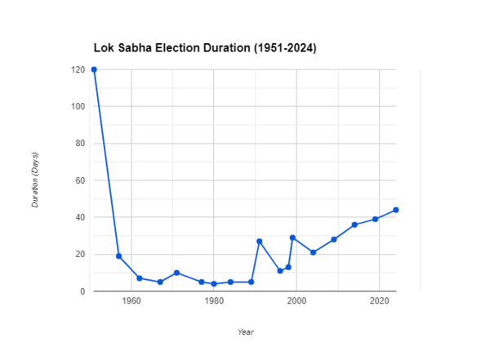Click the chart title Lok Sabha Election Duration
[x=204, y=49]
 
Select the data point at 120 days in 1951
[x=94, y=69]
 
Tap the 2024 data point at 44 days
[x=395, y=210]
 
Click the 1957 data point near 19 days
[x=119, y=256]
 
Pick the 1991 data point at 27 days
[x=259, y=242]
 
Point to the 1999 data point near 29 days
[x=292, y=238]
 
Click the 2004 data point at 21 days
[x=313, y=252]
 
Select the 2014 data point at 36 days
[x=354, y=224]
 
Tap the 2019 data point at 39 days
[x=375, y=219]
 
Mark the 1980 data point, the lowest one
[x=214, y=284]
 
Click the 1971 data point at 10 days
[x=176, y=273]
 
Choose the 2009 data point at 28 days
[x=334, y=239]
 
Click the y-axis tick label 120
[x=78, y=69]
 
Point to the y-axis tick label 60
[x=80, y=180]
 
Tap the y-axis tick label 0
[x=82, y=291]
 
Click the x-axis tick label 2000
[x=296, y=302]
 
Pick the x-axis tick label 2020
[x=379, y=302]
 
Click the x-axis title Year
[x=245, y=331]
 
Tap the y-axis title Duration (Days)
[x=35, y=180]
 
